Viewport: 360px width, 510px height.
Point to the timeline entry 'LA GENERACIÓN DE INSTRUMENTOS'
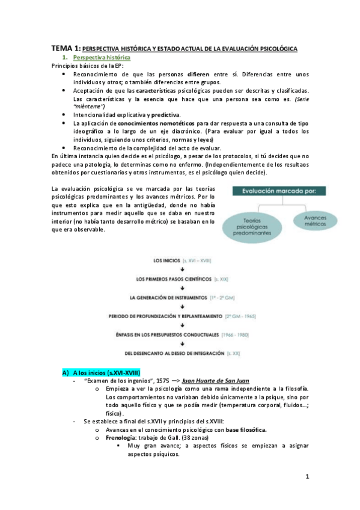point(169,297)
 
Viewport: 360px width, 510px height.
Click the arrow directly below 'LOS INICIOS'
point(182,270)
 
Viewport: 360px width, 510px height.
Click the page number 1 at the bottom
point(307,478)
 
